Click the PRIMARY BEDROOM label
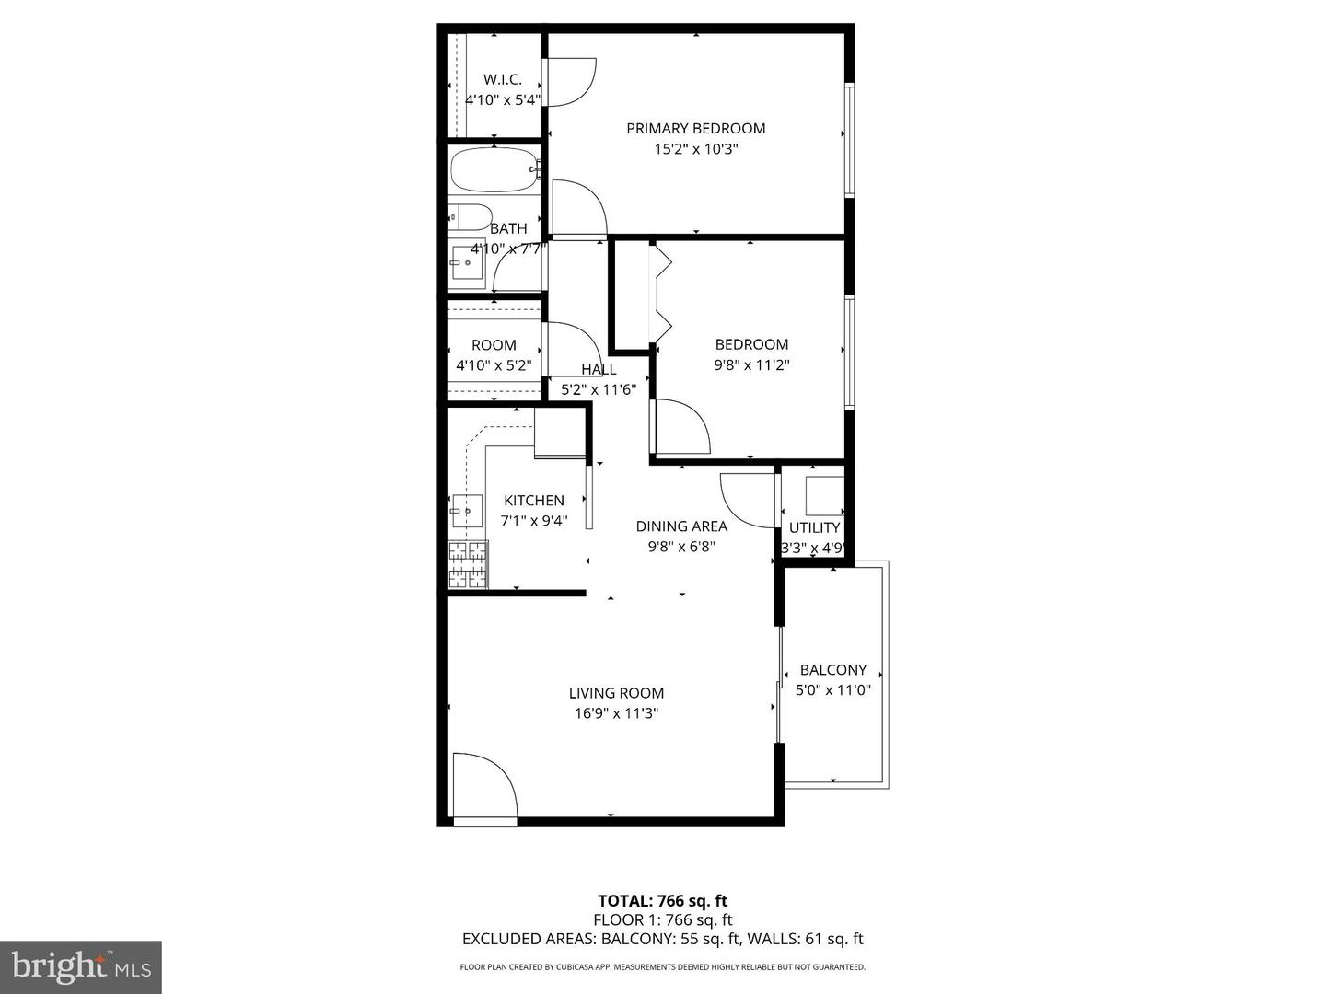click(x=695, y=128)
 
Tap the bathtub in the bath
click(x=494, y=170)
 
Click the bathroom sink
click(x=467, y=263)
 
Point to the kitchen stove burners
click(x=467, y=564)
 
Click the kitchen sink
click(x=466, y=511)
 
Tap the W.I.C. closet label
click(x=502, y=79)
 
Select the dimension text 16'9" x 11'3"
click(x=616, y=713)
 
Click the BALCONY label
click(x=832, y=670)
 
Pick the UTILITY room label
click(x=814, y=527)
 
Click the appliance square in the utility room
click(x=824, y=496)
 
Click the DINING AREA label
click(x=681, y=526)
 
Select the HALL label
click(x=599, y=369)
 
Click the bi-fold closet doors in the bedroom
click(x=660, y=293)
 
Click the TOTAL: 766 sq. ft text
click(x=662, y=901)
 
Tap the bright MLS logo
click(x=81, y=966)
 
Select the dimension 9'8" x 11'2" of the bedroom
click(x=751, y=364)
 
